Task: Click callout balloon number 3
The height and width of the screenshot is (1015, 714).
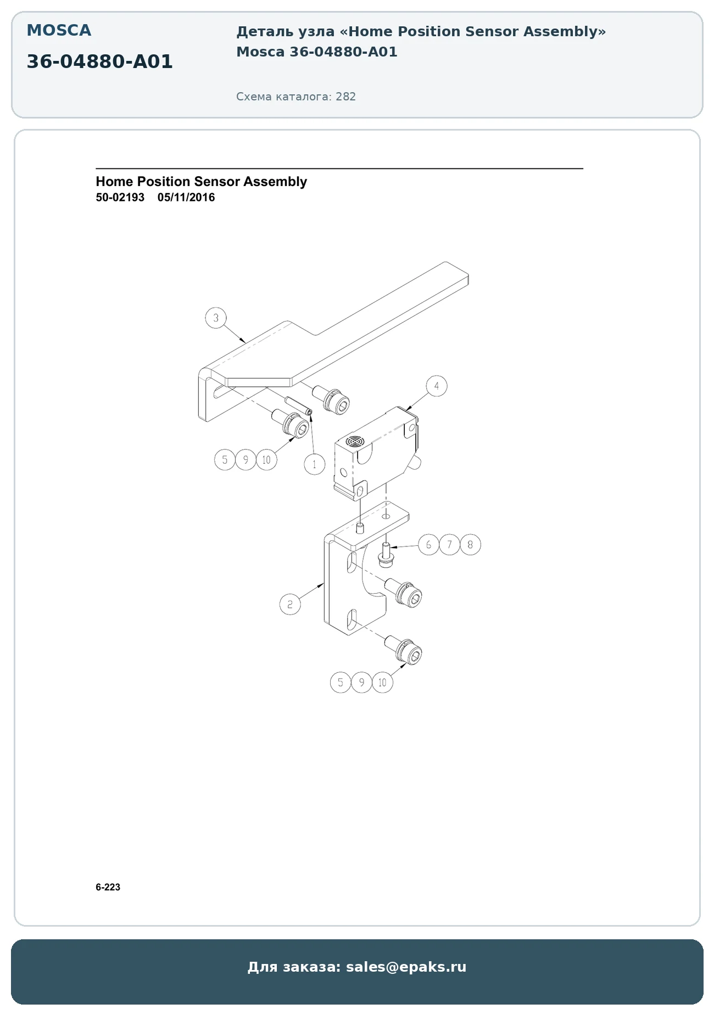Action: (x=216, y=318)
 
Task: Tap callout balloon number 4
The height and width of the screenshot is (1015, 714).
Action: (x=437, y=386)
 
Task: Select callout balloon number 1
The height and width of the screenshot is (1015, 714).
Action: (x=315, y=464)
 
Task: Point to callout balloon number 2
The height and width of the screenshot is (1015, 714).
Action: (x=290, y=605)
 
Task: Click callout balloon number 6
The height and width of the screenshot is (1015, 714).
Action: (x=429, y=545)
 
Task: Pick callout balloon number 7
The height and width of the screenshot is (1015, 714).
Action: (x=450, y=545)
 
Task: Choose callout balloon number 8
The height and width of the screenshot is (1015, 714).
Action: (x=471, y=545)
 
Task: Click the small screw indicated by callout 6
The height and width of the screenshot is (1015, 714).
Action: (x=386, y=554)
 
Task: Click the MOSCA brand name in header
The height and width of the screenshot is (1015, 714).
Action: (x=59, y=30)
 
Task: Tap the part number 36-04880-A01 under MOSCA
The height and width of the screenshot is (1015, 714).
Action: (x=99, y=61)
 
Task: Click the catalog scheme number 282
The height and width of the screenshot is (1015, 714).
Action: (x=346, y=97)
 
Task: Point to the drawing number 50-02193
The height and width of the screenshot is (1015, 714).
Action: (x=120, y=198)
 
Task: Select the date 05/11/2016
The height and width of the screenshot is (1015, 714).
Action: (x=186, y=198)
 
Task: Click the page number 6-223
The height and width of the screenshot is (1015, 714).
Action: (x=108, y=887)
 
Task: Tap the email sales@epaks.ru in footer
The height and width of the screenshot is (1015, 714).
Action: (x=406, y=967)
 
